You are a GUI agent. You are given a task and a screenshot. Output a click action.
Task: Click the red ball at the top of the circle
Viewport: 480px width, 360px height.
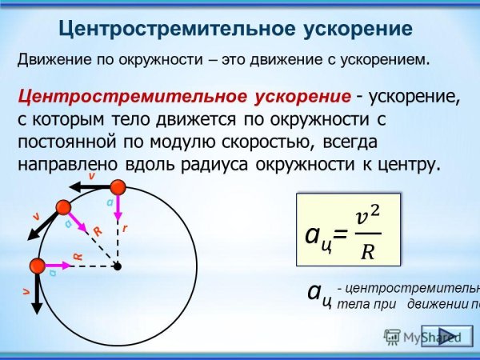click(118, 188)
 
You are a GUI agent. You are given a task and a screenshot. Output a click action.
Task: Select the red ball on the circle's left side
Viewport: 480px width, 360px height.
click(37, 266)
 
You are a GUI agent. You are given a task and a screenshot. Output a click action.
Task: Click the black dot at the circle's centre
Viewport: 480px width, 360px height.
click(118, 266)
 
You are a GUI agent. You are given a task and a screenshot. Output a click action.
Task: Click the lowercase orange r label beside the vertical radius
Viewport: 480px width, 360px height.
click(126, 228)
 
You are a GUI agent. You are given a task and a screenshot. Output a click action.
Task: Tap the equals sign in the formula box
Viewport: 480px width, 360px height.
click(340, 234)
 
